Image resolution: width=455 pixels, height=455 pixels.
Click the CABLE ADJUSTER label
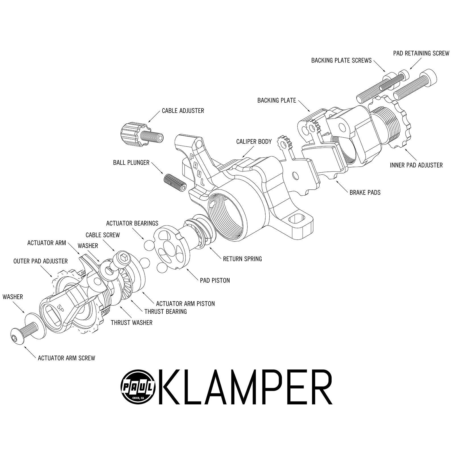point(183,111)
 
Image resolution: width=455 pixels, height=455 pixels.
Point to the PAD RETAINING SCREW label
point(421,53)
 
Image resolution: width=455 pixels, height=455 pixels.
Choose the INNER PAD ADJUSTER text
point(416,165)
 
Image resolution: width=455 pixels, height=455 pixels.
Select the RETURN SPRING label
point(242,259)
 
